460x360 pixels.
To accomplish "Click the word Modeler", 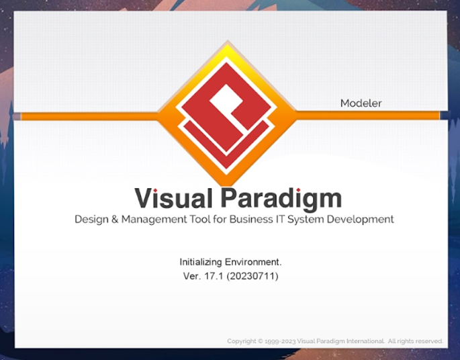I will pyautogui.click(x=361, y=103).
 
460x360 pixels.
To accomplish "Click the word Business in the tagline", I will pyautogui.click(x=252, y=220).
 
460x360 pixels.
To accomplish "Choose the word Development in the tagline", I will pyautogui.click(x=362, y=220).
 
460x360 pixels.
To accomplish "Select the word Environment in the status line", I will pyautogui.click(x=254, y=261).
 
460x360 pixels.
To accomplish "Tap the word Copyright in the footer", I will pyautogui.click(x=242, y=341).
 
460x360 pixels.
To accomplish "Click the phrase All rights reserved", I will pyautogui.click(x=416, y=341).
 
